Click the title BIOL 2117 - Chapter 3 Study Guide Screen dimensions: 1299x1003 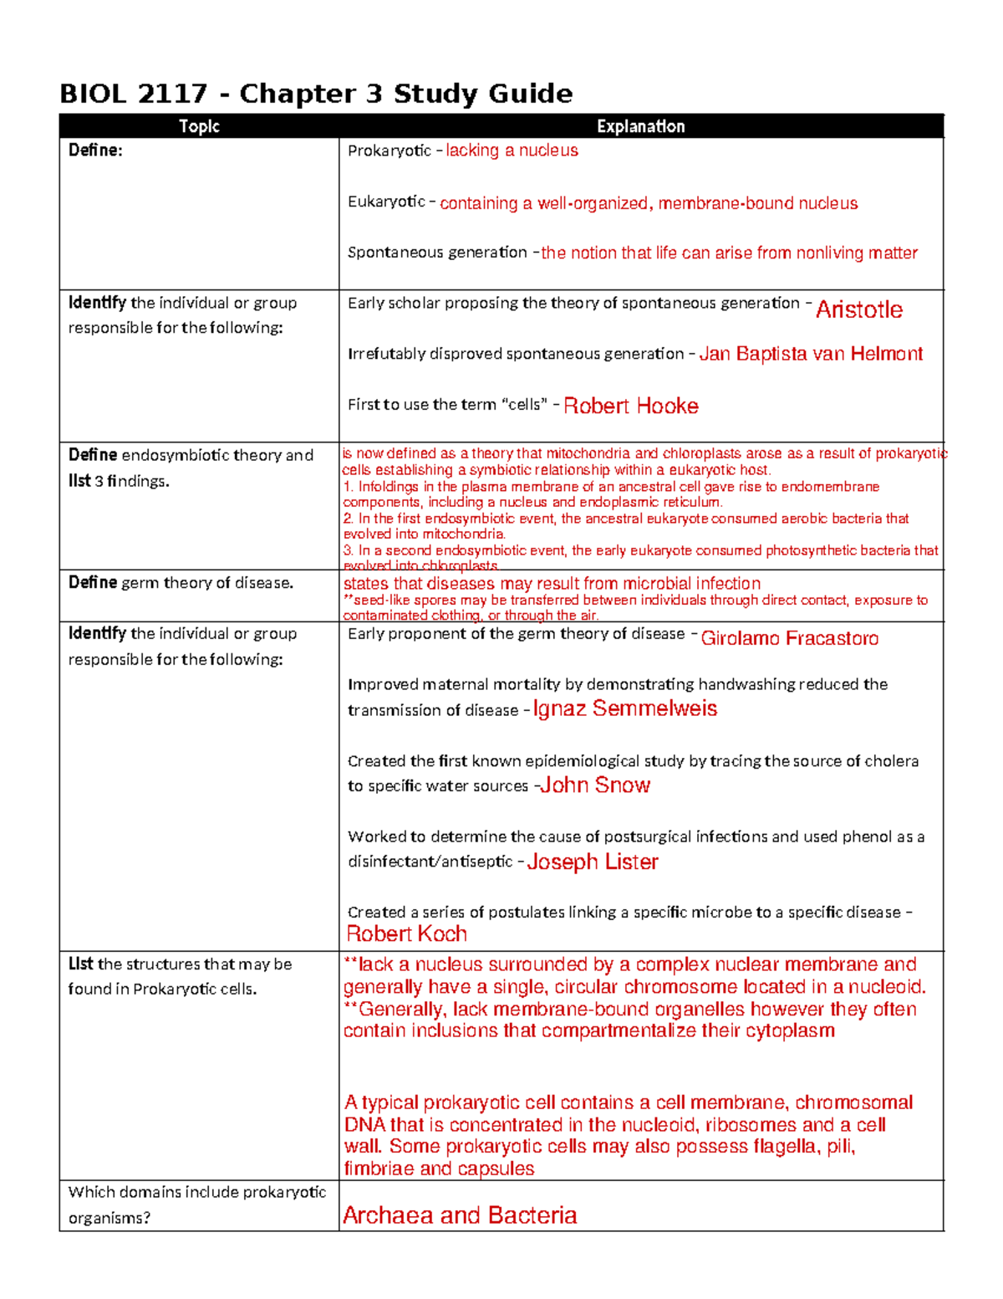pyautogui.click(x=316, y=94)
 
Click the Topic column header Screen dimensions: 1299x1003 pyautogui.click(x=199, y=126)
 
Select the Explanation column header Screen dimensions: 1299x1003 pyautogui.click(x=640, y=126)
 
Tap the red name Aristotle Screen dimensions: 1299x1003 pyautogui.click(x=858, y=309)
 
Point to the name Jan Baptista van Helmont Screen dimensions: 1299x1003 pyautogui.click(x=810, y=354)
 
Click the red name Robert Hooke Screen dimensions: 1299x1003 pyautogui.click(x=630, y=406)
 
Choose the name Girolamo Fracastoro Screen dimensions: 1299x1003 pyautogui.click(x=789, y=638)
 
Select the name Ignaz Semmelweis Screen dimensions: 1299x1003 pyautogui.click(x=624, y=708)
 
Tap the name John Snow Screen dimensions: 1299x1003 pyautogui.click(x=594, y=785)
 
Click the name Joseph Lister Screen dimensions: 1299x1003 pyautogui.click(x=592, y=862)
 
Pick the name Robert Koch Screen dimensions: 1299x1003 pyautogui.click(x=406, y=933)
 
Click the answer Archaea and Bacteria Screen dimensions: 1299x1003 pyautogui.click(x=460, y=1215)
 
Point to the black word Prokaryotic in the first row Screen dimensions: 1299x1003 pyautogui.click(x=389, y=151)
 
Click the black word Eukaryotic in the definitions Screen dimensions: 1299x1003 pyautogui.click(x=386, y=202)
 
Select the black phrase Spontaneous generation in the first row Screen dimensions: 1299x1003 pyautogui.click(x=437, y=253)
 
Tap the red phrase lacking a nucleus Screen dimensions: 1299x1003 pyautogui.click(x=512, y=151)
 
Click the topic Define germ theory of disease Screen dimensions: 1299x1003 pyautogui.click(x=181, y=582)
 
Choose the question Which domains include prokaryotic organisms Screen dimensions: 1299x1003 pyautogui.click(x=196, y=1204)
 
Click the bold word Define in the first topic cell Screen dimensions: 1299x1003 pyautogui.click(x=94, y=151)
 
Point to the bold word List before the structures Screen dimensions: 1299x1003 pyautogui.click(x=81, y=964)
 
